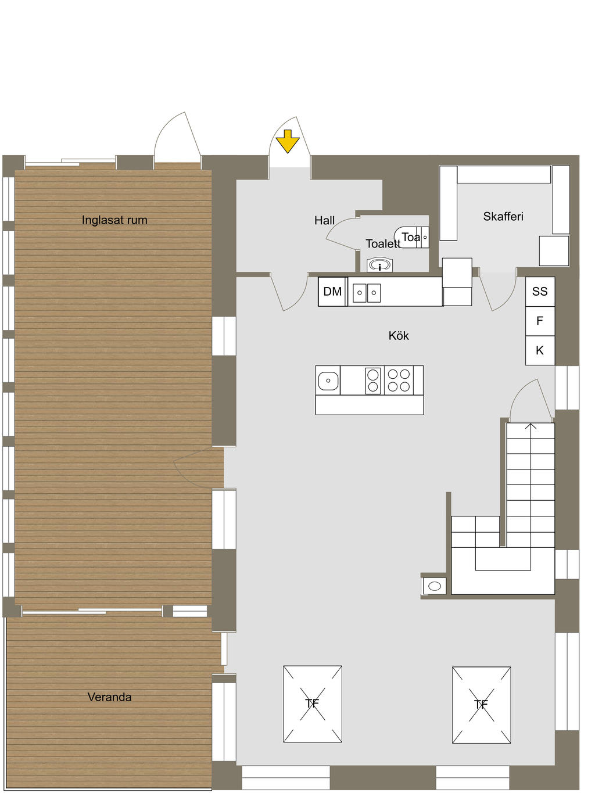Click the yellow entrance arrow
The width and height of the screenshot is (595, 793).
[287, 141]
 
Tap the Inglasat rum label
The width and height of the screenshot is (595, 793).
[114, 220]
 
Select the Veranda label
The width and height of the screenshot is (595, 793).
[109, 697]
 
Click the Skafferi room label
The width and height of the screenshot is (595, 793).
[503, 217]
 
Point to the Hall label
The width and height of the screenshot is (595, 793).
[324, 221]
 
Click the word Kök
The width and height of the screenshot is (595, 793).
[399, 336]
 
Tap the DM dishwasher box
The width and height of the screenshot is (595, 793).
[332, 292]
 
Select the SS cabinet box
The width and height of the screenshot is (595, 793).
[540, 292]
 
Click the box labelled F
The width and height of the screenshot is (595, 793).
[540, 321]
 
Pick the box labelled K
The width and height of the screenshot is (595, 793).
[540, 350]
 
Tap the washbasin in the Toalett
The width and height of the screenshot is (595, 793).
[380, 265]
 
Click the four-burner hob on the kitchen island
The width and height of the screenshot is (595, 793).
[399, 381]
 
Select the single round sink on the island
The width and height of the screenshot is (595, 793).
[328, 381]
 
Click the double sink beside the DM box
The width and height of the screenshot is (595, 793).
[367, 292]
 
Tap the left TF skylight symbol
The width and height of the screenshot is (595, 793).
[313, 704]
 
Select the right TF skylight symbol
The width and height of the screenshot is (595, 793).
[481, 705]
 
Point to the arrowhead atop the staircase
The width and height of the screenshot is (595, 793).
[531, 426]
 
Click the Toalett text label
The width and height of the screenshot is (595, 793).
[382, 244]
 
